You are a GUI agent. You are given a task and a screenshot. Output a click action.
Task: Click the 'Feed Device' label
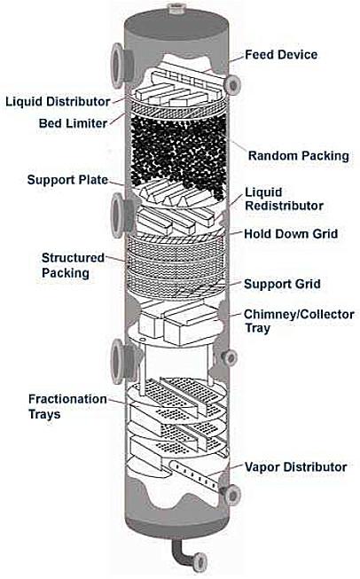[x=281, y=55]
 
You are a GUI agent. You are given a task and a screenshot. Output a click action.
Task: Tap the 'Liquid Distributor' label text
[x=58, y=102]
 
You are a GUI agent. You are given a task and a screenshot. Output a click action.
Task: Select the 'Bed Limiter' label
[x=73, y=123]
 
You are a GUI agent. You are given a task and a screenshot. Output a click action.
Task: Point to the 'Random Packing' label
[x=298, y=155]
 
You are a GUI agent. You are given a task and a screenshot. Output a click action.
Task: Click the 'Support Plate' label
[x=67, y=180]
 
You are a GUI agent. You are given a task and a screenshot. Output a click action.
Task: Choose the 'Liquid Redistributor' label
[x=284, y=199]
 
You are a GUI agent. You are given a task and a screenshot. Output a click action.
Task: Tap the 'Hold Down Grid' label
[x=291, y=234]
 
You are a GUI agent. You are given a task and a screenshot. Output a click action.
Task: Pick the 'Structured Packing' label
[x=73, y=265]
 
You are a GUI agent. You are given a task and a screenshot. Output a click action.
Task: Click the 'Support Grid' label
[x=282, y=284]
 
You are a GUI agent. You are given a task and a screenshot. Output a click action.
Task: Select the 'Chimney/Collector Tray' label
[x=299, y=321]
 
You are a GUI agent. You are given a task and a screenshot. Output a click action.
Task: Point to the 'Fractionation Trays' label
[x=67, y=406]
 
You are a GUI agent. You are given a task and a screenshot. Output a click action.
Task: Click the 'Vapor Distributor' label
[x=296, y=466]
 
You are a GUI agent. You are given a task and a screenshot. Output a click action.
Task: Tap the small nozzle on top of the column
[x=177, y=9]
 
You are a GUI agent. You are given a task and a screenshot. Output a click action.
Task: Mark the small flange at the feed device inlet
[x=233, y=85]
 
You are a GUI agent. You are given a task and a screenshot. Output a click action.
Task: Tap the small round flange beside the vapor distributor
[x=233, y=495]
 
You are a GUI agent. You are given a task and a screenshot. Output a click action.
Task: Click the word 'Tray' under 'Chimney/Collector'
[x=257, y=328]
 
